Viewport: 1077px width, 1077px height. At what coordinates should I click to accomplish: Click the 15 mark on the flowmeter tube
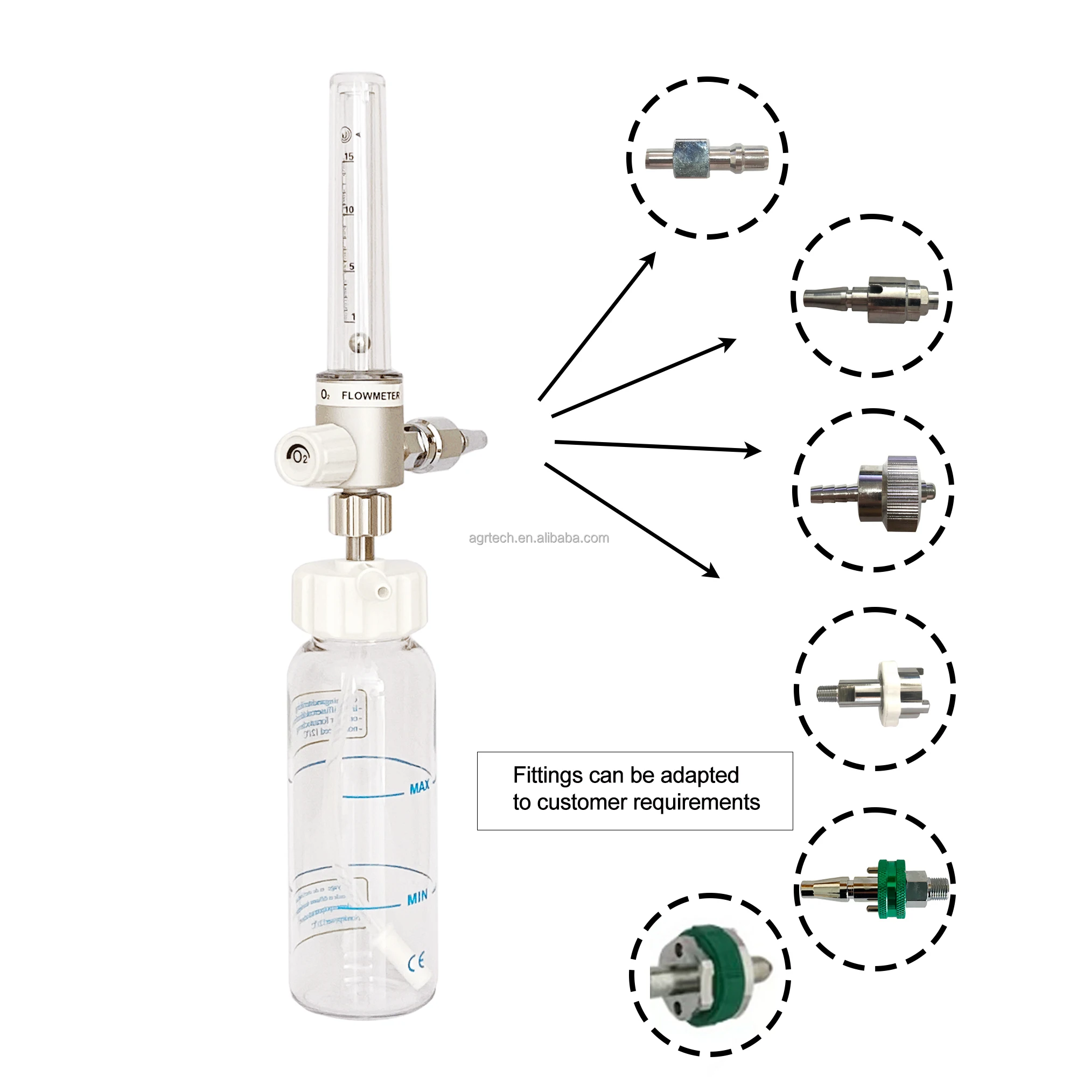coord(349,157)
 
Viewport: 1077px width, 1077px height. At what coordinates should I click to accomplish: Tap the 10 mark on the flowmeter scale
coord(349,209)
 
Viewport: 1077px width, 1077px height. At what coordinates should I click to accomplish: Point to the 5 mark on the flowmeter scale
coord(351,267)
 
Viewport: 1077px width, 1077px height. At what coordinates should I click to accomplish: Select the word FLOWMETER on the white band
coord(370,396)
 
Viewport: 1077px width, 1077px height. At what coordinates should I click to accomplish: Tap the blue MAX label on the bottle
coord(419,787)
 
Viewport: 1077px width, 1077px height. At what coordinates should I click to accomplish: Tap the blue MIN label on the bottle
coord(417,898)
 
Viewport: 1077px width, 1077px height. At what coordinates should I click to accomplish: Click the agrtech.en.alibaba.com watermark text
coord(538,538)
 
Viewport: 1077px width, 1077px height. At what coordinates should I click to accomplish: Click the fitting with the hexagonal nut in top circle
coord(706,158)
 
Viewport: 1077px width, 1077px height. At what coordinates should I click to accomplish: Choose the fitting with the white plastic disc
coord(874,694)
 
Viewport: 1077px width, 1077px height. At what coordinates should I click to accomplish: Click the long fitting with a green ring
coord(874,889)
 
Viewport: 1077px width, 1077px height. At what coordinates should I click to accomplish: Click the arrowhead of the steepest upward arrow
coord(650,257)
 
